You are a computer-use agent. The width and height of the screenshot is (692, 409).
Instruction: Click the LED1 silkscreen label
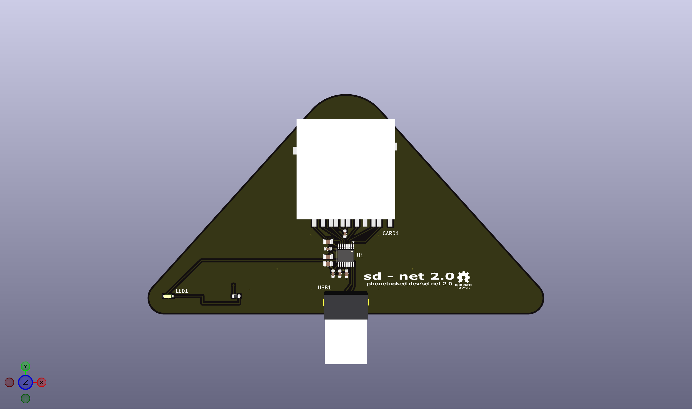pos(182,291)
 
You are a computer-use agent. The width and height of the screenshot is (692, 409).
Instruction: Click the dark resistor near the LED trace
pos(236,296)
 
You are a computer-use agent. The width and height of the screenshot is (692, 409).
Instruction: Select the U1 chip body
pos(346,256)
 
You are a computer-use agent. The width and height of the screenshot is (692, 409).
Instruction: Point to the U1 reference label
pos(360,255)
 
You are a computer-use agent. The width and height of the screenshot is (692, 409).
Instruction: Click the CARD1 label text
pos(390,233)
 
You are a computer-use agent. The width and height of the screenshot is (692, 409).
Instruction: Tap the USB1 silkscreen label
pos(324,287)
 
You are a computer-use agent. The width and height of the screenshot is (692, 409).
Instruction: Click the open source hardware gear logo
pos(464,277)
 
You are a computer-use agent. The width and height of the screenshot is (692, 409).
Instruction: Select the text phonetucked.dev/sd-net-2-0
pos(409,284)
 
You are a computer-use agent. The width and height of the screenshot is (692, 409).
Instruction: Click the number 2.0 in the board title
pos(442,276)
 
